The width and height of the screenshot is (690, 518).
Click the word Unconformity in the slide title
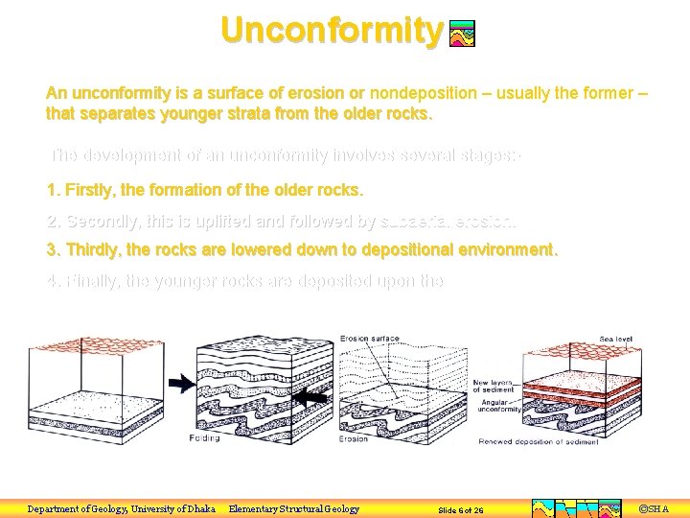tap(332, 30)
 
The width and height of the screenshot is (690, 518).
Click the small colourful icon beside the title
tap(462, 35)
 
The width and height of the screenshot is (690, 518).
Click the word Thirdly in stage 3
tap(92, 250)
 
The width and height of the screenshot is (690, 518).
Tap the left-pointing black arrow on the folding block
tap(313, 396)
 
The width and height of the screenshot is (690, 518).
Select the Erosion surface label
tap(370, 339)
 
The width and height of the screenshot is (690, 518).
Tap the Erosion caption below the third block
tap(353, 438)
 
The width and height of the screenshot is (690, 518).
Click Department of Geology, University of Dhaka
tap(121, 508)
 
